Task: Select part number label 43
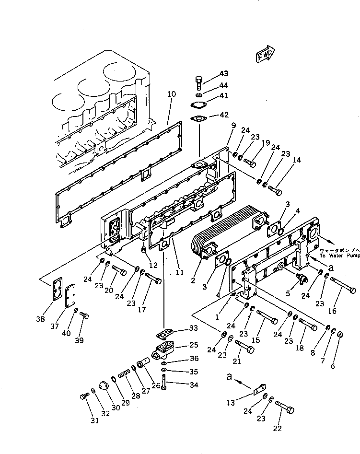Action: click(224, 73)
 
